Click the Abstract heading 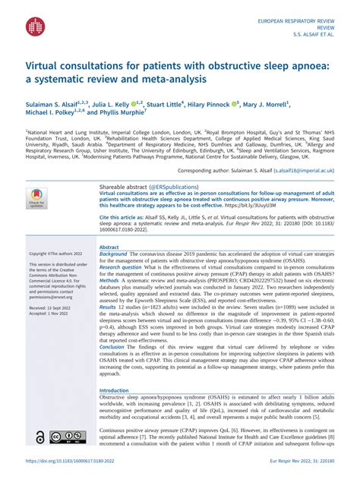pyautogui.click(x=109, y=247)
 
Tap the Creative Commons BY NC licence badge pyautogui.click(x=68, y=436)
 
